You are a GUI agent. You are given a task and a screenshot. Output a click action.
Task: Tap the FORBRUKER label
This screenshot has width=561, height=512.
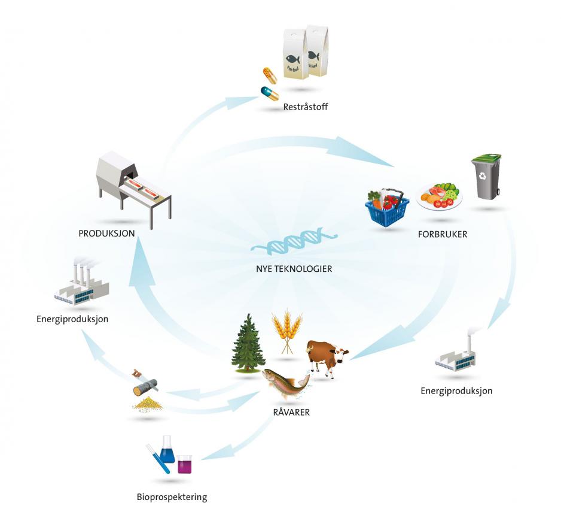(442, 234)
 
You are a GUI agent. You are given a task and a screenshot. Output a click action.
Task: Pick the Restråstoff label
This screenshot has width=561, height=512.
(307, 108)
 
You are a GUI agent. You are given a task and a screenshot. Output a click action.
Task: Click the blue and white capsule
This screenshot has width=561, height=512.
(269, 94)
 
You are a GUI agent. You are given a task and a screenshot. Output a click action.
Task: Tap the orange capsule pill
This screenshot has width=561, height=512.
(270, 75)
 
